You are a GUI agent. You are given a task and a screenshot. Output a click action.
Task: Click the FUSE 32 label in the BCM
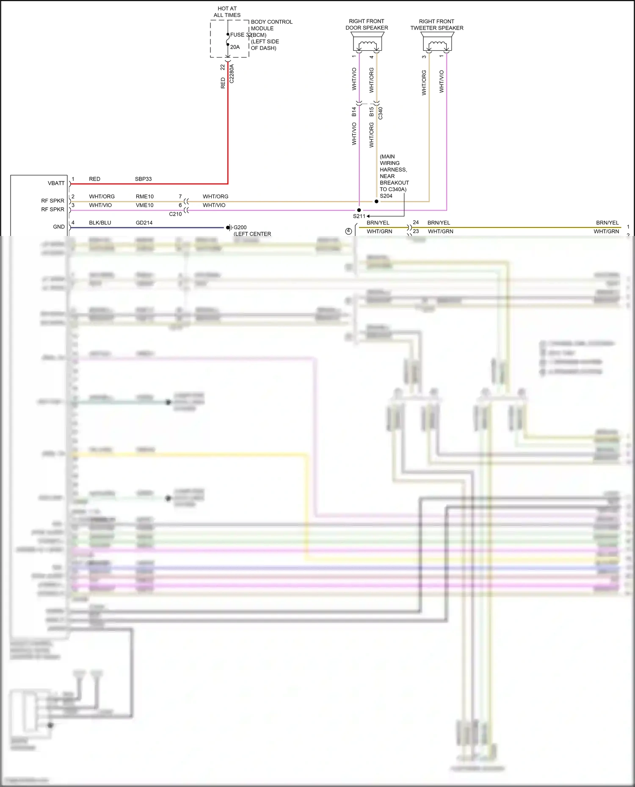(x=237, y=35)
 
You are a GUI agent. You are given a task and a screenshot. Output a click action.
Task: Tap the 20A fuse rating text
(x=235, y=47)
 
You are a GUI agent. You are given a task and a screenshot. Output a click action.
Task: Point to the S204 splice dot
(x=376, y=201)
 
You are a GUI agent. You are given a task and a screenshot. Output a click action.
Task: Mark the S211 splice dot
(x=359, y=210)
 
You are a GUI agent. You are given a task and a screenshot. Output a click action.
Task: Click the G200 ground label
(x=240, y=228)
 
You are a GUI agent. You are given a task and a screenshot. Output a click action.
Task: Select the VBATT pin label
(x=56, y=183)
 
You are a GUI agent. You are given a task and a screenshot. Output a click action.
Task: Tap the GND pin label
(x=59, y=227)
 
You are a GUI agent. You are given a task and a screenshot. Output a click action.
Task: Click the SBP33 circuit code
(x=143, y=179)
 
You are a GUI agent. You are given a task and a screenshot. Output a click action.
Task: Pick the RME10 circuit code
(x=145, y=197)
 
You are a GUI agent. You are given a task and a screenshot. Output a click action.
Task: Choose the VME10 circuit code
(x=145, y=205)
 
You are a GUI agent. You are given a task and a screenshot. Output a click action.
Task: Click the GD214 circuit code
(x=144, y=223)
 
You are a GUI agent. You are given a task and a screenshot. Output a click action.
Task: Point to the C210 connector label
(x=175, y=214)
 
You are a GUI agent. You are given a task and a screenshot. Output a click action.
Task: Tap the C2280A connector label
(x=232, y=74)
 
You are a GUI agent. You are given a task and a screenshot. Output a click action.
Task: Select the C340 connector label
(x=380, y=113)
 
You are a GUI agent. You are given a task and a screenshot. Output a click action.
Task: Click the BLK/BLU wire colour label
(x=100, y=223)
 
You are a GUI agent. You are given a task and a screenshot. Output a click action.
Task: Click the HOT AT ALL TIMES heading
(x=227, y=12)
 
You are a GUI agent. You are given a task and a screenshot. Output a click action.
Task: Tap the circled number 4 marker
(x=348, y=231)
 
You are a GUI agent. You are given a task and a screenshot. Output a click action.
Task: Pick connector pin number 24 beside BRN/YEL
(x=416, y=222)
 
